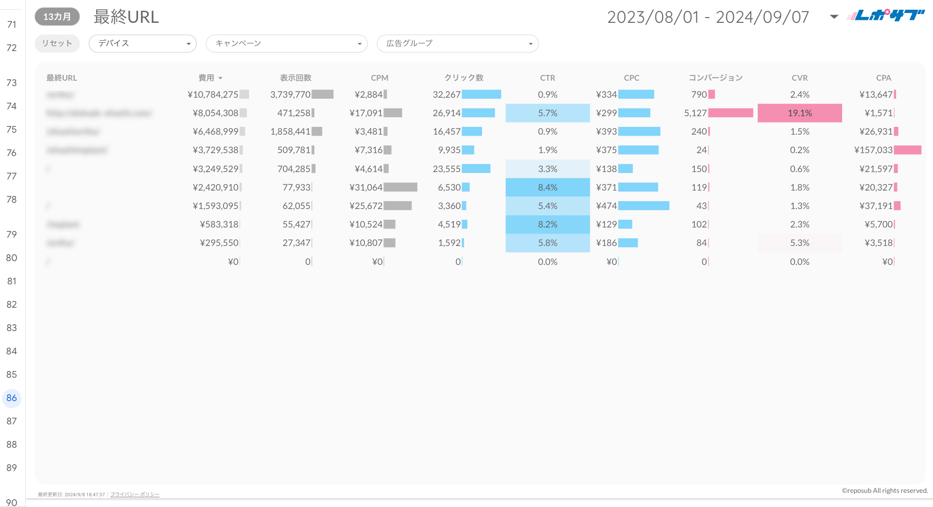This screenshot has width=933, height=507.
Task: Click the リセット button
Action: pyautogui.click(x=57, y=43)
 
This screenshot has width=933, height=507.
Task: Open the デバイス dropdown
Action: pyautogui.click(x=142, y=43)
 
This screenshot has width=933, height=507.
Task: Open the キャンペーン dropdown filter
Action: pyautogui.click(x=286, y=43)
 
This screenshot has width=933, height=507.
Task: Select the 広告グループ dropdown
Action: pyautogui.click(x=457, y=43)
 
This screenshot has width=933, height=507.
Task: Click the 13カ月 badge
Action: pyautogui.click(x=57, y=17)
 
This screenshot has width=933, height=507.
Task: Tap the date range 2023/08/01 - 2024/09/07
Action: pyautogui.click(x=708, y=17)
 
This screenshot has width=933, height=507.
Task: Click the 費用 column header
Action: pyautogui.click(x=207, y=78)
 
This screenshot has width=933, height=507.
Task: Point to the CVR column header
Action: pyautogui.click(x=799, y=78)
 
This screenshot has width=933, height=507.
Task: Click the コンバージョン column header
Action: pyautogui.click(x=715, y=78)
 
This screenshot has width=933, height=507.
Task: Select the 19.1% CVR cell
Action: pyautogui.click(x=799, y=113)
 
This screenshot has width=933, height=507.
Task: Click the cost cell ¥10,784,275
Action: pyautogui.click(x=213, y=95)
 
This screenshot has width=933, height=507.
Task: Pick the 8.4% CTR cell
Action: pyautogui.click(x=548, y=188)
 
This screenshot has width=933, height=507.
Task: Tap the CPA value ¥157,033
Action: pyautogui.click(x=873, y=150)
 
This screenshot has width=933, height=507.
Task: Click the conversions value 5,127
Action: pyautogui.click(x=695, y=113)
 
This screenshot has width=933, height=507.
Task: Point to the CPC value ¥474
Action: pyautogui.click(x=606, y=206)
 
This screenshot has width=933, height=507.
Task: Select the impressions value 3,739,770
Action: pyautogui.click(x=290, y=95)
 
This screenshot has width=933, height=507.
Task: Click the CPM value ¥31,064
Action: pyautogui.click(x=366, y=188)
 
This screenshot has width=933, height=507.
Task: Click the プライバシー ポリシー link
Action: pyautogui.click(x=135, y=494)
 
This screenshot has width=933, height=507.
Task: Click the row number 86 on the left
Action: pyautogui.click(x=12, y=398)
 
